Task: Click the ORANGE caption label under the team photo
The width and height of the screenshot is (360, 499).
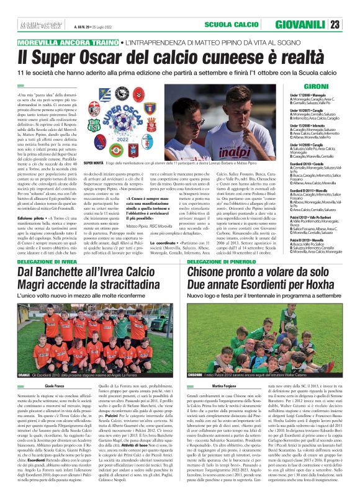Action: [24, 358]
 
